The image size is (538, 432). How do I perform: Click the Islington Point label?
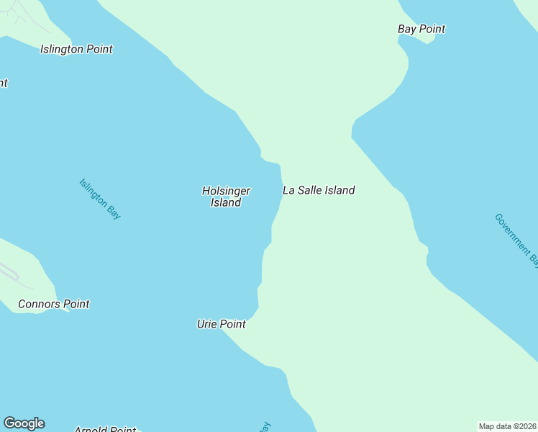[76, 50]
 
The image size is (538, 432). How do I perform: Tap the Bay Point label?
[421, 30]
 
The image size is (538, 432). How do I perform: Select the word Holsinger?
[226, 191]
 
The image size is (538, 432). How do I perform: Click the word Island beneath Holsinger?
[226, 203]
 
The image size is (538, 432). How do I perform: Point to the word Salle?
[310, 191]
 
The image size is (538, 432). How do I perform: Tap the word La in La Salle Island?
[289, 191]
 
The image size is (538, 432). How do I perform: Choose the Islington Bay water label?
[100, 199]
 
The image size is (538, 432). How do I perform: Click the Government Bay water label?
[516, 240]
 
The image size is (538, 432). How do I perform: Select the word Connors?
[40, 305]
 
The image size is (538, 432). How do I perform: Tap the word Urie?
[208, 325]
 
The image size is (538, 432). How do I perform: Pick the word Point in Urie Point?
[233, 325]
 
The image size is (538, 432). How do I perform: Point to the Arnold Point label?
[105, 430]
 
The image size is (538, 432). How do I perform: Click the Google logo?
[24, 423]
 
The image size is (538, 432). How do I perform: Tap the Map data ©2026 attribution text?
[507, 426]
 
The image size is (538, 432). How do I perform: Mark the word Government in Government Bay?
[511, 233]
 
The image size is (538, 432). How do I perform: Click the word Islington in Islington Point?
[62, 50]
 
